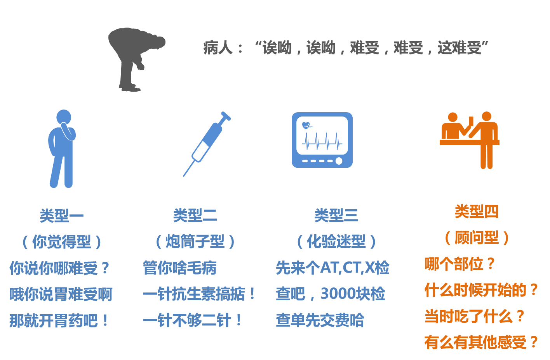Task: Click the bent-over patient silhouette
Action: [134, 58]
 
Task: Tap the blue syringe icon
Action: [207, 143]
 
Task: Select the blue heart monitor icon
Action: [322, 140]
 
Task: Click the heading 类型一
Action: [62, 216]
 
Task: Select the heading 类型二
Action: [195, 216]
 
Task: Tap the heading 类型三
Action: [336, 216]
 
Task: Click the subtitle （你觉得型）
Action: [62, 242]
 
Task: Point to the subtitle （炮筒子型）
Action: [195, 242]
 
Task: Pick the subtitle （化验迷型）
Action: [336, 242]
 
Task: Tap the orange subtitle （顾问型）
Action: [477, 238]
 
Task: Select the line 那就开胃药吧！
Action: [59, 321]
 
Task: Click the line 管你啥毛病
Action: [179, 268]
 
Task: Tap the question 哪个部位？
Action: [460, 264]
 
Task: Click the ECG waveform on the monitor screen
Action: [322, 142]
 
